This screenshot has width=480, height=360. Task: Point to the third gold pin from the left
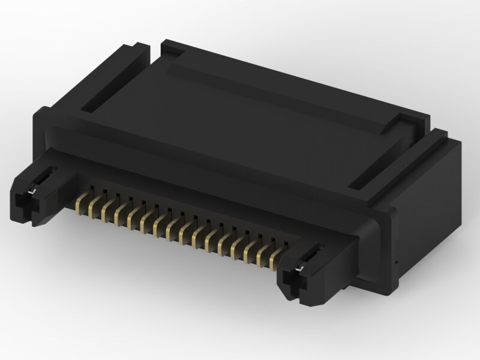point(106,211)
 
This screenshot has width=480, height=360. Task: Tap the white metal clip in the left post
point(35,190)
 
